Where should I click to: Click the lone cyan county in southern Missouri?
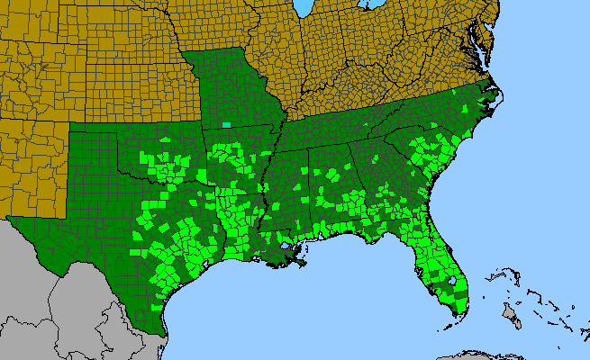point(227,125)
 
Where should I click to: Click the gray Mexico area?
point(54,297)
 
